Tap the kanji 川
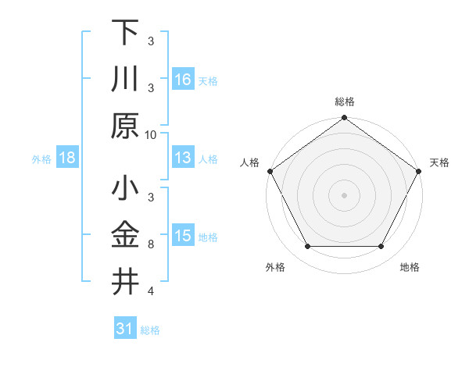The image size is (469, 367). coord(125,80)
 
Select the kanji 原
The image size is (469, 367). coord(125,126)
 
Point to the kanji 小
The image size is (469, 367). coord(125,190)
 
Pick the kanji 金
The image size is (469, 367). coord(125,236)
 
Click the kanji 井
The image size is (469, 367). coord(125,282)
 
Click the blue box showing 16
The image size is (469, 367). coord(182,79)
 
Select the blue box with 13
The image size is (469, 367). coord(182,158)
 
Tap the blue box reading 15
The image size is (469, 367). coord(182,236)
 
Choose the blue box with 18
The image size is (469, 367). coord(67,158)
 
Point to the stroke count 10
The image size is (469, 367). coord(151,134)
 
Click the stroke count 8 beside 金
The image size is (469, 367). coord(151,245)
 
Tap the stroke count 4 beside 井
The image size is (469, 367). coord(151,291)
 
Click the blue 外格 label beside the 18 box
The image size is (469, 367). coord(41,159)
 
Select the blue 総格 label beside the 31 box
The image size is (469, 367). coord(150,330)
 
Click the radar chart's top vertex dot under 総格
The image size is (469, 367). coord(344,119)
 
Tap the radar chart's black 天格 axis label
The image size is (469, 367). coord(439,162)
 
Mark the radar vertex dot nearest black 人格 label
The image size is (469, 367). coord(270,170)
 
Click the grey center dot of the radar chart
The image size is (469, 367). coord(344,194)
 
